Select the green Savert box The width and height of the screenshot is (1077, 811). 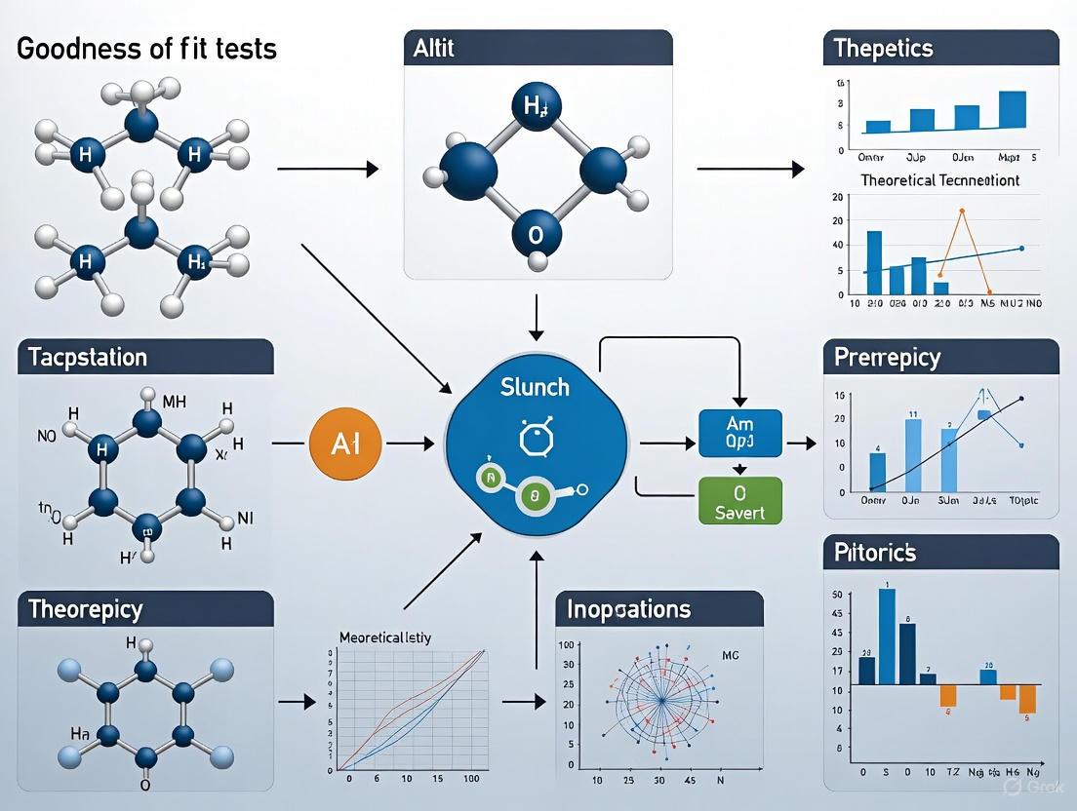click(740, 499)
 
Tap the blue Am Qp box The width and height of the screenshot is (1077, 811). click(740, 433)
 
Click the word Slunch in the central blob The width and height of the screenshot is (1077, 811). click(535, 387)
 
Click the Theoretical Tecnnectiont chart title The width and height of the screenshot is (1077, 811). click(939, 180)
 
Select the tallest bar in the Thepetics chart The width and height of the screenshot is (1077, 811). click(1013, 109)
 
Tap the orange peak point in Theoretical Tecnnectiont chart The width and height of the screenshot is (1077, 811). click(962, 211)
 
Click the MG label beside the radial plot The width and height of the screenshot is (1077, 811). click(729, 655)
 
